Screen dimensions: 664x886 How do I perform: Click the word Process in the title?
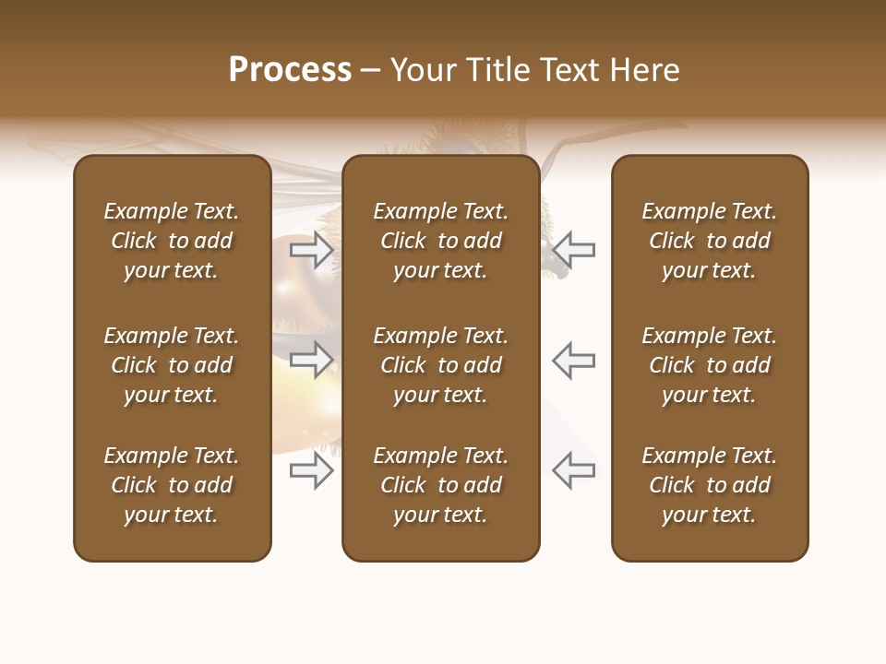point(290,70)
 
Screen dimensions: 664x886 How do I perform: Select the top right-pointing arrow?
point(312,249)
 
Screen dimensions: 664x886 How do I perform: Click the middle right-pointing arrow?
point(312,360)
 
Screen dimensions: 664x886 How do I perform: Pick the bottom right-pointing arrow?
point(312,470)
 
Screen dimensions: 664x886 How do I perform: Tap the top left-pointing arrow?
point(573,249)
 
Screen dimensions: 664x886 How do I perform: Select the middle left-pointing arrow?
point(573,360)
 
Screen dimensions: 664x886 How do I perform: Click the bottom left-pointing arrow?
point(573,470)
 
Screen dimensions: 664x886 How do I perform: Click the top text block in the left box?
point(172,241)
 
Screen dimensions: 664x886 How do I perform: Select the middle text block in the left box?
point(172,365)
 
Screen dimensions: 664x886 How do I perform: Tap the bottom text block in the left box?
point(172,485)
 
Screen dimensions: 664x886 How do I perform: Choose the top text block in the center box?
point(440,241)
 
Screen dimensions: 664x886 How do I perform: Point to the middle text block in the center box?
point(440,365)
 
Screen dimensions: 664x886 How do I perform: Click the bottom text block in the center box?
point(440,485)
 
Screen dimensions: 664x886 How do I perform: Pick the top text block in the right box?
point(709,241)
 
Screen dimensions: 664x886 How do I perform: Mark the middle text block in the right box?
point(709,365)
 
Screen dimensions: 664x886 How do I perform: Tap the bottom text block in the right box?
point(709,485)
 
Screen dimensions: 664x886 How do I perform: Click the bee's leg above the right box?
point(600,139)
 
